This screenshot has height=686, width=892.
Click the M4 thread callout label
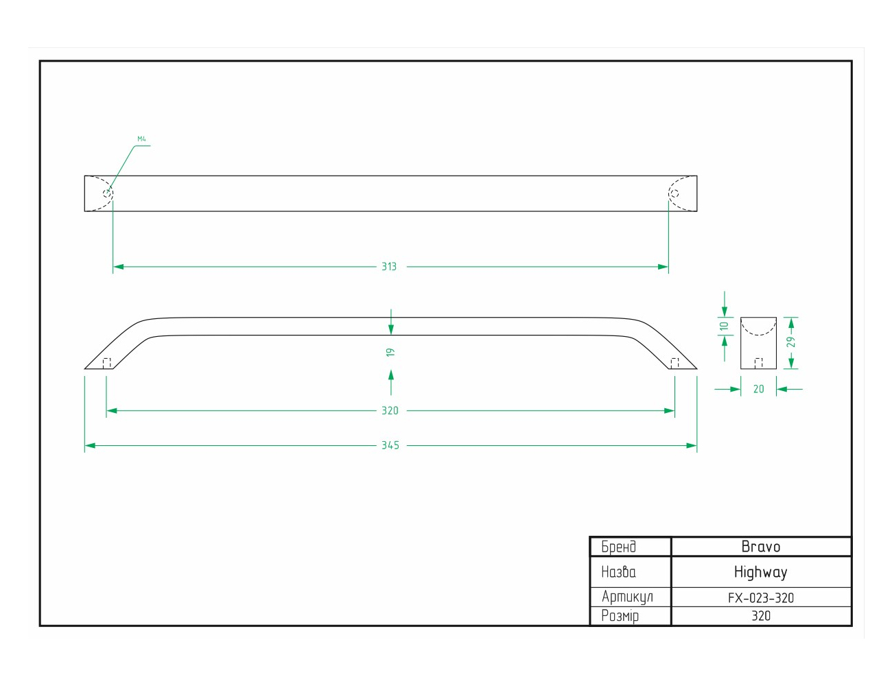tap(141, 139)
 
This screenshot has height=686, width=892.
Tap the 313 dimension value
tap(389, 267)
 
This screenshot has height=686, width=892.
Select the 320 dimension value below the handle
tap(390, 411)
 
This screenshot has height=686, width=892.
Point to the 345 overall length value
tap(390, 446)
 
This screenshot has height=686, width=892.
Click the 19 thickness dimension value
tap(390, 352)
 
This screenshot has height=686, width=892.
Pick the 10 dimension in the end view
tap(724, 326)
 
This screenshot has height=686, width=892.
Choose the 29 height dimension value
tap(790, 342)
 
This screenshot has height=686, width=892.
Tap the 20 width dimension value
tap(759, 389)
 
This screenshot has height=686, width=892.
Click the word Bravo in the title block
tap(761, 547)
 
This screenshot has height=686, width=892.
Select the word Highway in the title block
tap(761, 572)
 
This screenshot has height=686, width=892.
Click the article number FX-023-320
tap(761, 598)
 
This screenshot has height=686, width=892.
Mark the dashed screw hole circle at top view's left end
tap(107, 193)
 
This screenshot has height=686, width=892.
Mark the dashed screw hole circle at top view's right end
tap(674, 193)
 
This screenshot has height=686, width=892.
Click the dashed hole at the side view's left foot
tap(107, 364)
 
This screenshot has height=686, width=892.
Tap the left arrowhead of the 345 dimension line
tap(90, 446)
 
